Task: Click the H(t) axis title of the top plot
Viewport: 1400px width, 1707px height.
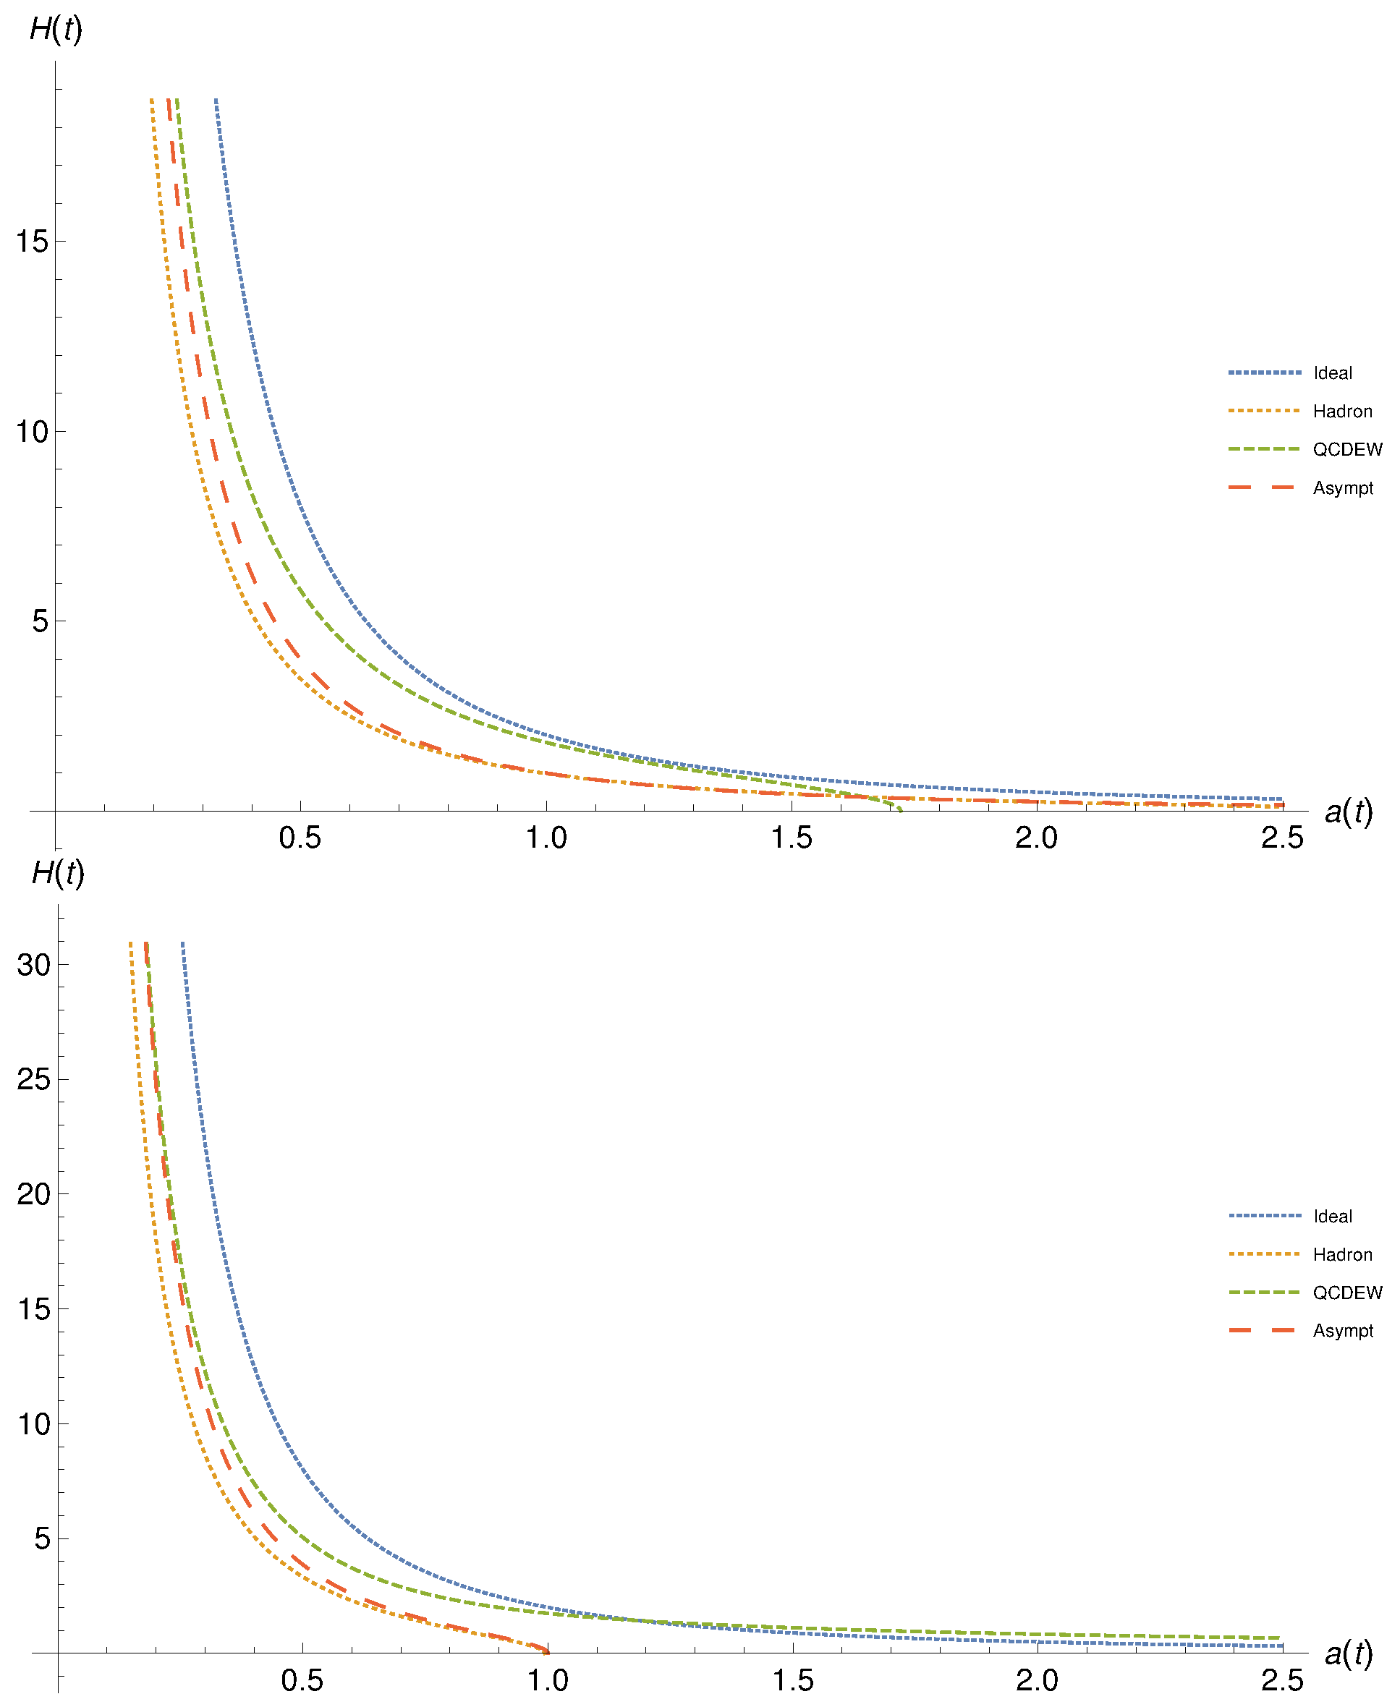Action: (x=56, y=30)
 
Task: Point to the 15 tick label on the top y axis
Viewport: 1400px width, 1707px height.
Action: (x=33, y=241)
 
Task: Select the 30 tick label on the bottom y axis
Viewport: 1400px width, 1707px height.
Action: (x=34, y=964)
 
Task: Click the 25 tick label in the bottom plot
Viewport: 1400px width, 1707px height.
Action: (x=34, y=1079)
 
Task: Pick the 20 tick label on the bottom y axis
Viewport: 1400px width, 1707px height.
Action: (x=34, y=1193)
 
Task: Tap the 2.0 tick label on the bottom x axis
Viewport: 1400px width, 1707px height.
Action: (x=1036, y=1681)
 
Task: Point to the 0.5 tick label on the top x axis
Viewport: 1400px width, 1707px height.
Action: (x=300, y=838)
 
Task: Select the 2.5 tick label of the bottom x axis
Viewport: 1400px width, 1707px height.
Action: (x=1282, y=1681)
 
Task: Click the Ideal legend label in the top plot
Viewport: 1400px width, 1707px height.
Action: (x=1332, y=373)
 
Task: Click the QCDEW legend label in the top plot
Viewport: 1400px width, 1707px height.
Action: (x=1346, y=450)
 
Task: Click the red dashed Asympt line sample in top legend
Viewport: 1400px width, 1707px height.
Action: (x=1263, y=488)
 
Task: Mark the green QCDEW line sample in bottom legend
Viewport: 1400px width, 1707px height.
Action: (x=1264, y=1293)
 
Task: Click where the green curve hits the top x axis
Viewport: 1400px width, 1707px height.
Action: (x=900, y=809)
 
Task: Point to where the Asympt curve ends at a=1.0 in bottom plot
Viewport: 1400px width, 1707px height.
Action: (x=547, y=1651)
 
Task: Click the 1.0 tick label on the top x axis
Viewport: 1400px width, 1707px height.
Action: (x=546, y=838)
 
